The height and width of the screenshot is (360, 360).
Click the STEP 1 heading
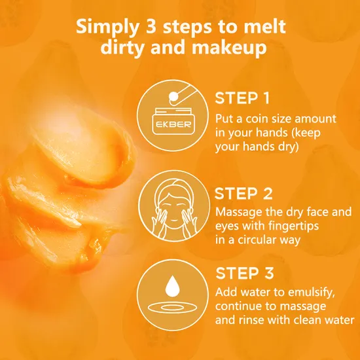[242, 98]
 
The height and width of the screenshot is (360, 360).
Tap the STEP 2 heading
[243, 194]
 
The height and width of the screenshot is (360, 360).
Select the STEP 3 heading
[245, 273]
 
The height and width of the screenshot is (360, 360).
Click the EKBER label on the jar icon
[173, 124]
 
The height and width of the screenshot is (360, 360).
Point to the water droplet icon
[172, 286]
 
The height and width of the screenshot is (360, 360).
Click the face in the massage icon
[173, 207]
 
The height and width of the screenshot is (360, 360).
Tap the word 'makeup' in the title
[229, 48]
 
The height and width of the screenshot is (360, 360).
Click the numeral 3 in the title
[151, 27]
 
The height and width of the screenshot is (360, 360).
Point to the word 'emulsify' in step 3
[311, 293]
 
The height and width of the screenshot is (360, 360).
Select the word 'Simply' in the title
[107, 27]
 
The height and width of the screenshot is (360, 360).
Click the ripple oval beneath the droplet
[172, 308]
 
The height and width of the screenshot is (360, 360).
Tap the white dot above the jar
[173, 97]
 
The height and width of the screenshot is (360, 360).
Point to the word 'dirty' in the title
[123, 48]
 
